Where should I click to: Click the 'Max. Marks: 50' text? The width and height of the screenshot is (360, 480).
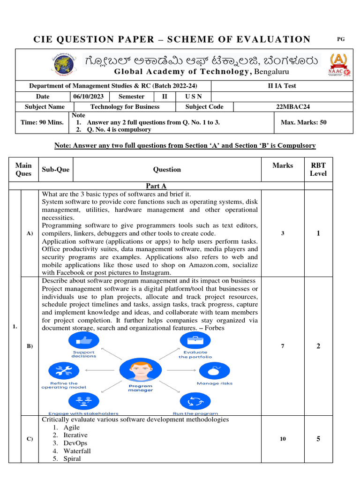[x=303, y=122]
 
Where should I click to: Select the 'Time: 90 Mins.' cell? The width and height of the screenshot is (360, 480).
[x=42, y=122]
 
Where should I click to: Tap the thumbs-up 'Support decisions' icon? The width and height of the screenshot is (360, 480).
[x=83, y=340]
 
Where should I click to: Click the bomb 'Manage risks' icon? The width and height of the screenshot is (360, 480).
[x=214, y=370]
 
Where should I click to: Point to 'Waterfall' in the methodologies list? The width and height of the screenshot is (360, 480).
[x=77, y=451]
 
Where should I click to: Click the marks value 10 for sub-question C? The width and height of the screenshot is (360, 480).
[x=283, y=439]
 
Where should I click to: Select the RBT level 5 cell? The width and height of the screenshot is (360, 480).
[x=318, y=439]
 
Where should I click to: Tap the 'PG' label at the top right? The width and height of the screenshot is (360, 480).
[x=341, y=39]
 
